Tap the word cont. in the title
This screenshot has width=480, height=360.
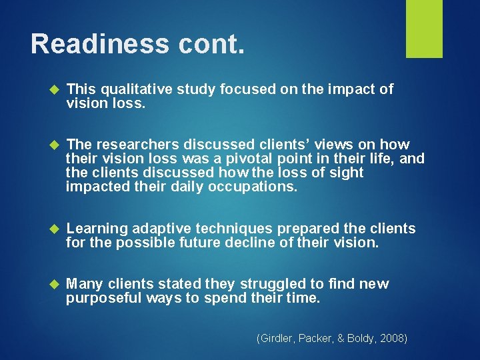(214, 44)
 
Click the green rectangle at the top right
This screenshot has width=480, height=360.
(424, 29)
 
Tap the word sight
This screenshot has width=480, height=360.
(343, 173)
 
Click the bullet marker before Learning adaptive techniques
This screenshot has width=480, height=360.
(55, 229)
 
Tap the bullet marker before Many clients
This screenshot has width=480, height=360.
(55, 285)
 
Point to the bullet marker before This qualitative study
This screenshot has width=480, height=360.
(55, 90)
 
